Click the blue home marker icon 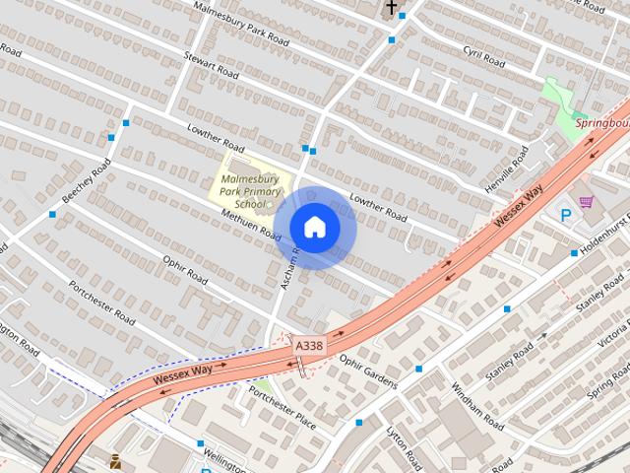coord(314,228)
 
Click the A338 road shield coord(308,346)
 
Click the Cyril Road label coord(483,56)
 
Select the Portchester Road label coord(101,303)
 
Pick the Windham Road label coord(477,406)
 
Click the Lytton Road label coord(405,445)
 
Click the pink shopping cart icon coord(587,202)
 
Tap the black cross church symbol coord(392,9)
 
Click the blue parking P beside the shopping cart coord(566,216)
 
